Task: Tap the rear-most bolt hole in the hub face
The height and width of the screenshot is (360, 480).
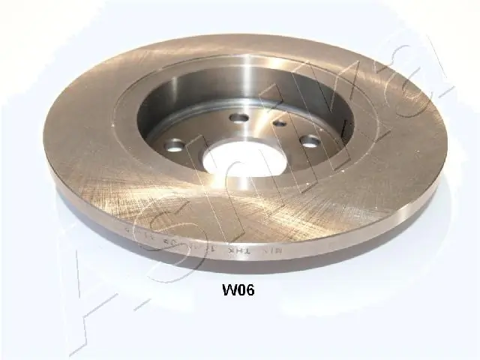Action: click(238, 118)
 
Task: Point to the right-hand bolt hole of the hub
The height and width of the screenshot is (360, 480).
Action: click(309, 140)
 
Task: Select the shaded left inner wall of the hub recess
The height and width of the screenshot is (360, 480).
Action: click(150, 112)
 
